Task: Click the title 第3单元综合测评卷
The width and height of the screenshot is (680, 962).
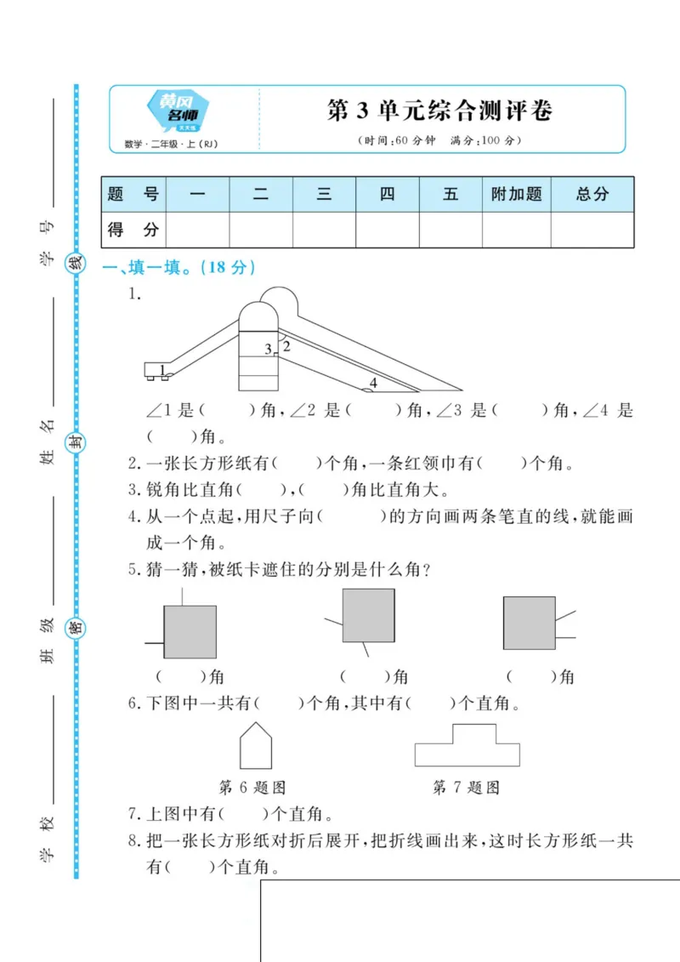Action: [439, 111]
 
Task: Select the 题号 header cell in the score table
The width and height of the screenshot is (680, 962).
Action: [133, 194]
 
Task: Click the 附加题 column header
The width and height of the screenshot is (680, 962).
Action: [516, 194]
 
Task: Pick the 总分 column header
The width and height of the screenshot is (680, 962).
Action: [592, 194]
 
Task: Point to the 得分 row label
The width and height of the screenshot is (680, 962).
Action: [133, 230]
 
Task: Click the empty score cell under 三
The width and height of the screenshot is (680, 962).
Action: [324, 230]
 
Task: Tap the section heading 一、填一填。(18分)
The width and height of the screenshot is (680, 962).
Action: [178, 267]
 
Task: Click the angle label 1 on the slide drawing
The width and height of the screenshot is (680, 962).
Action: [161, 369]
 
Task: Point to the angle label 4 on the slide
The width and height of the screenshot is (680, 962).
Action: [372, 383]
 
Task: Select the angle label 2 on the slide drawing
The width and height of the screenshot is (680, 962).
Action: [286, 346]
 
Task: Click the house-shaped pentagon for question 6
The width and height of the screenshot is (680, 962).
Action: [256, 746]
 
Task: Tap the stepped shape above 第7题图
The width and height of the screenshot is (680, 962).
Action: [467, 746]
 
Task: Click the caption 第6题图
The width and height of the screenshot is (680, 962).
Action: [252, 788]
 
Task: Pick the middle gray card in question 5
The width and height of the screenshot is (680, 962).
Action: [368, 615]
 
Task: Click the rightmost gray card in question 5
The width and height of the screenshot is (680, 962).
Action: [529, 623]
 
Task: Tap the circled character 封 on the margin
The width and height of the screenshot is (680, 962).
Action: [76, 442]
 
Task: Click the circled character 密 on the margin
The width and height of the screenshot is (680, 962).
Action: [76, 629]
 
